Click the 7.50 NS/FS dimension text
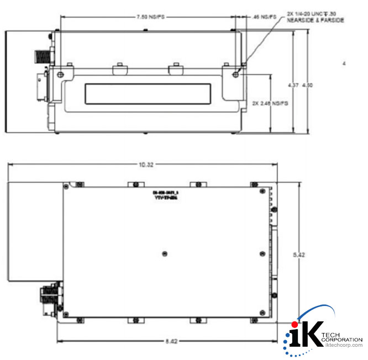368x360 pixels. pos(150,18)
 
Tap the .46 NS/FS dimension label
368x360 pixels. pos(265,18)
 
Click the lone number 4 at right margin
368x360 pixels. pos(344,64)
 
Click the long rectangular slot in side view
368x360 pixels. pos(148,93)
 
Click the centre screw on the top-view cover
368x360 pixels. pos(164,253)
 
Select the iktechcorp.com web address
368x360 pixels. pos(343,345)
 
